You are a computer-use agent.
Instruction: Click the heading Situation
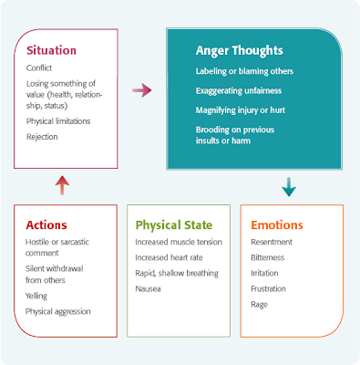[x=51, y=51]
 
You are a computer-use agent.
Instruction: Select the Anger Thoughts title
[x=240, y=51]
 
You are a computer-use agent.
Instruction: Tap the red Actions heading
[x=47, y=224]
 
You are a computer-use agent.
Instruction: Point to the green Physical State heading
[x=174, y=224]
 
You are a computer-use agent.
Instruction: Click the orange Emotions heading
[x=277, y=224]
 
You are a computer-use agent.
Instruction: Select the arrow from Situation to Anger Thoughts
[x=142, y=90]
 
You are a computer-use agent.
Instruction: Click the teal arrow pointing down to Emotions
[x=289, y=187]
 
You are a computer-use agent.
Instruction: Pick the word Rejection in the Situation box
[x=43, y=137]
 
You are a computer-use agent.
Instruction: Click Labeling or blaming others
[x=243, y=71]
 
